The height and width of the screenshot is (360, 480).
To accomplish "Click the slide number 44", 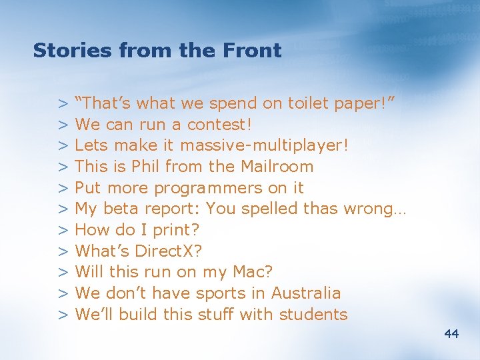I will (x=451, y=333).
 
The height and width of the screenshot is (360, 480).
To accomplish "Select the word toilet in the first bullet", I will (x=308, y=103).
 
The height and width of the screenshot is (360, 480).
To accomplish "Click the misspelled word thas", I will (x=319, y=209).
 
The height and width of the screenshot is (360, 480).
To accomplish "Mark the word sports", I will (x=220, y=294).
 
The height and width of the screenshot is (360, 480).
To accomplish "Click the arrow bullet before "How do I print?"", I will (x=64, y=231).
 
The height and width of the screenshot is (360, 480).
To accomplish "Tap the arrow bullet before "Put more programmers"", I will (x=64, y=188).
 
